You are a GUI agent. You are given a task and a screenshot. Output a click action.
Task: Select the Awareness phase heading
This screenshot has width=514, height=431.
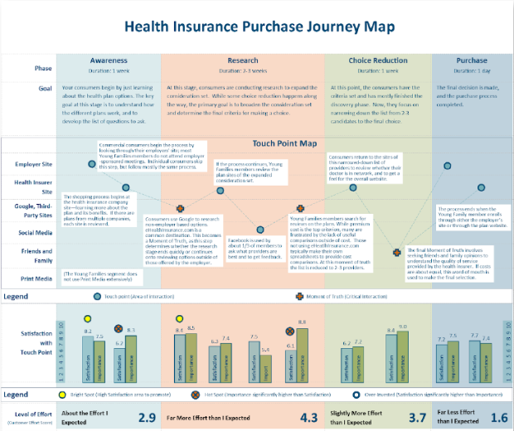coord(109,61)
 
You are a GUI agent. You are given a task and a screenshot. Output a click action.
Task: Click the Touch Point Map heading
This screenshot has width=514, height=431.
coord(285,143)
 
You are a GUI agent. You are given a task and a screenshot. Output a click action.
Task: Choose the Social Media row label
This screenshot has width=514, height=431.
coord(37,232)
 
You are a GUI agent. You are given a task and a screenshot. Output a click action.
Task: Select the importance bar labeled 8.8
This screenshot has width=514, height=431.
coord(302,357)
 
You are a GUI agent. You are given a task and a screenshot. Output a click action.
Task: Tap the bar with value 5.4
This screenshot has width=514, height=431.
coord(265,366)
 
